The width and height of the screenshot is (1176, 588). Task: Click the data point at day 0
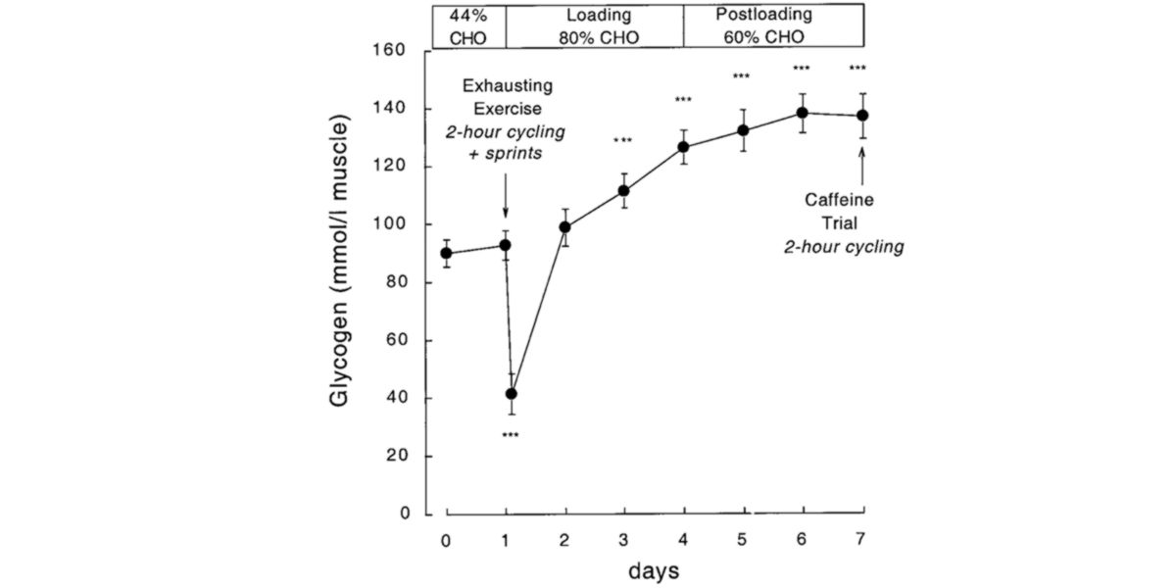pyautogui.click(x=446, y=253)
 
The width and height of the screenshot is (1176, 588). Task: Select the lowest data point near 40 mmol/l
pyautogui.click(x=511, y=394)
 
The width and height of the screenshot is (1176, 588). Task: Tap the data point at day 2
pyautogui.click(x=564, y=227)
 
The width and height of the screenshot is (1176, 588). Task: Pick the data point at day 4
pyautogui.click(x=684, y=147)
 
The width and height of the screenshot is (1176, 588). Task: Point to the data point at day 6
pyautogui.click(x=803, y=113)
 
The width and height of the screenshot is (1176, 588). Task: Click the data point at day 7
pyautogui.click(x=862, y=116)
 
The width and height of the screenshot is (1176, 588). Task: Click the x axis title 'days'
pyautogui.click(x=654, y=569)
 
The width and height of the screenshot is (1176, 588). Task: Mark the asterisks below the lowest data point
pyautogui.click(x=510, y=434)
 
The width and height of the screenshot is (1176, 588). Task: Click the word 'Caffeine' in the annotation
pyautogui.click(x=839, y=200)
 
